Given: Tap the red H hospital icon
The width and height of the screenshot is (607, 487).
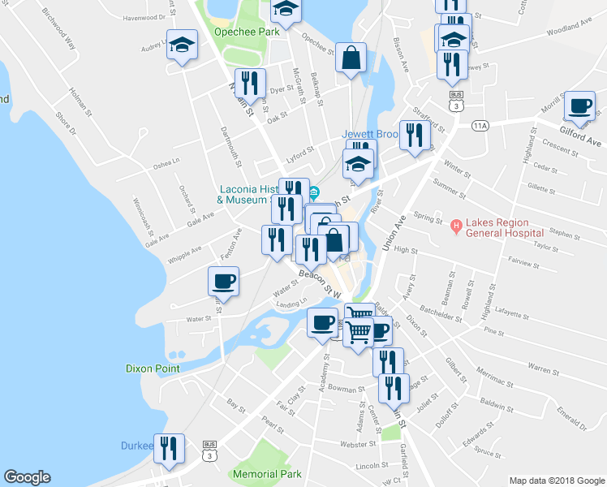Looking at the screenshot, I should pos(455,224).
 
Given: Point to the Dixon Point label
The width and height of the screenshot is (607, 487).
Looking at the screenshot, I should pos(152,368).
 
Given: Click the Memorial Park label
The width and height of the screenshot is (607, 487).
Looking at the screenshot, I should pos(267,473).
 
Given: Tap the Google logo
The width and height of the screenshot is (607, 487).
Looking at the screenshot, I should pos(27,477).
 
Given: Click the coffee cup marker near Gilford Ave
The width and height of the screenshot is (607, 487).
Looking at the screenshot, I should pos(580,106).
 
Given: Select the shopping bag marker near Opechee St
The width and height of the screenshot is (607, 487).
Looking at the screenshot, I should pos(350,58).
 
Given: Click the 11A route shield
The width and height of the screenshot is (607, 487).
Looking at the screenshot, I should pos(482,125).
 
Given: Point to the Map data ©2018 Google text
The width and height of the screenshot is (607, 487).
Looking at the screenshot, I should pos(556,480).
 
